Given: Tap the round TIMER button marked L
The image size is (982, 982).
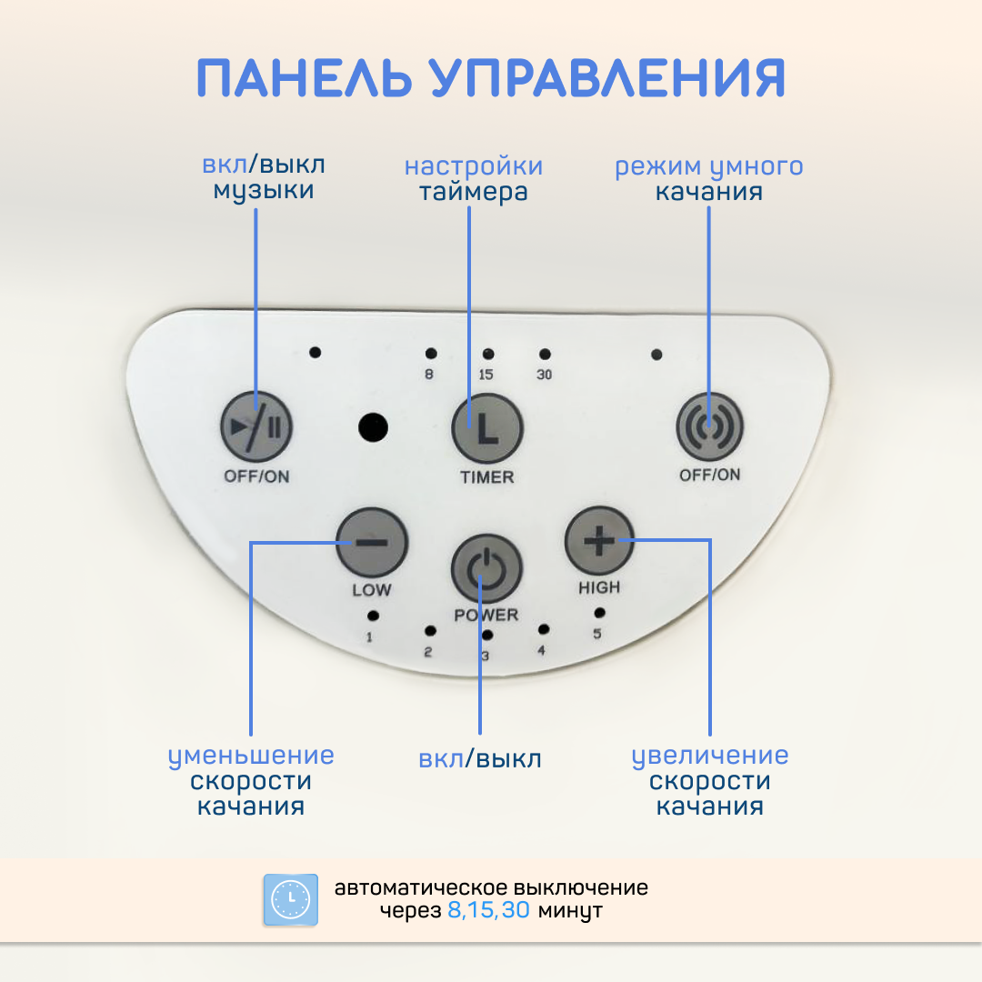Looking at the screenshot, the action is pos(487,428).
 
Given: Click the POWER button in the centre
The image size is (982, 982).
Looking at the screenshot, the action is pos(486,569).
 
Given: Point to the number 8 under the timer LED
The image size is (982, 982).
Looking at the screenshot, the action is pos(429,373).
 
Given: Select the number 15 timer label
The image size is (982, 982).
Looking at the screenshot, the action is pos(486,374).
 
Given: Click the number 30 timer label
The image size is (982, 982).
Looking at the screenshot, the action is pos(544,374).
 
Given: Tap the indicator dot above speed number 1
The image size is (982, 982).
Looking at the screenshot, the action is pos(373,616).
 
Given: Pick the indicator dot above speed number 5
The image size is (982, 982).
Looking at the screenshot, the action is pos(599,613).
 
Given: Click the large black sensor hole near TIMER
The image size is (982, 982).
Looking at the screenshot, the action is pos(372,427).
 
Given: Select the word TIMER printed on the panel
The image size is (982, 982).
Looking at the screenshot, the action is pos(486,476).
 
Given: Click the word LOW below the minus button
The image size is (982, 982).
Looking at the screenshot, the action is pos(372,590).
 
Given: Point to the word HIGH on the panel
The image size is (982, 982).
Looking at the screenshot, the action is pos(599,587).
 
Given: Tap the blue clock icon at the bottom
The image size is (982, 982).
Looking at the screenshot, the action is pos(290,900).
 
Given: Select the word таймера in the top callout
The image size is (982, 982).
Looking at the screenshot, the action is pos(473,192).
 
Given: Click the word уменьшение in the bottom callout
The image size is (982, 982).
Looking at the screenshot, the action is pos(251,756).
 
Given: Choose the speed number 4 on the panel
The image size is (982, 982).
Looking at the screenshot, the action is pos(541,651).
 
